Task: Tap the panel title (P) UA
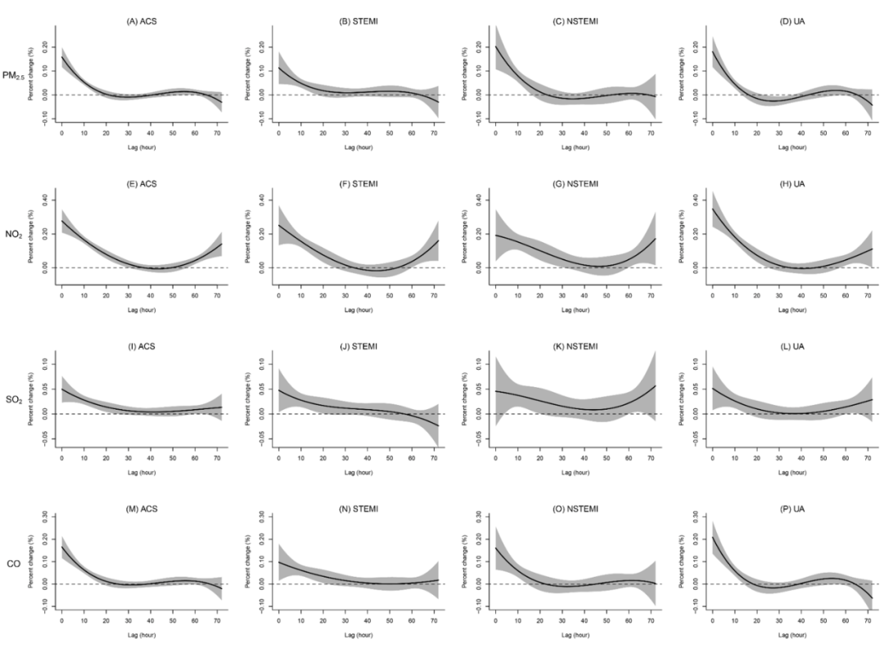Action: coord(793,508)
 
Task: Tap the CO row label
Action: coord(15,562)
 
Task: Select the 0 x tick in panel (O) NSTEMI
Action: coord(495,619)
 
